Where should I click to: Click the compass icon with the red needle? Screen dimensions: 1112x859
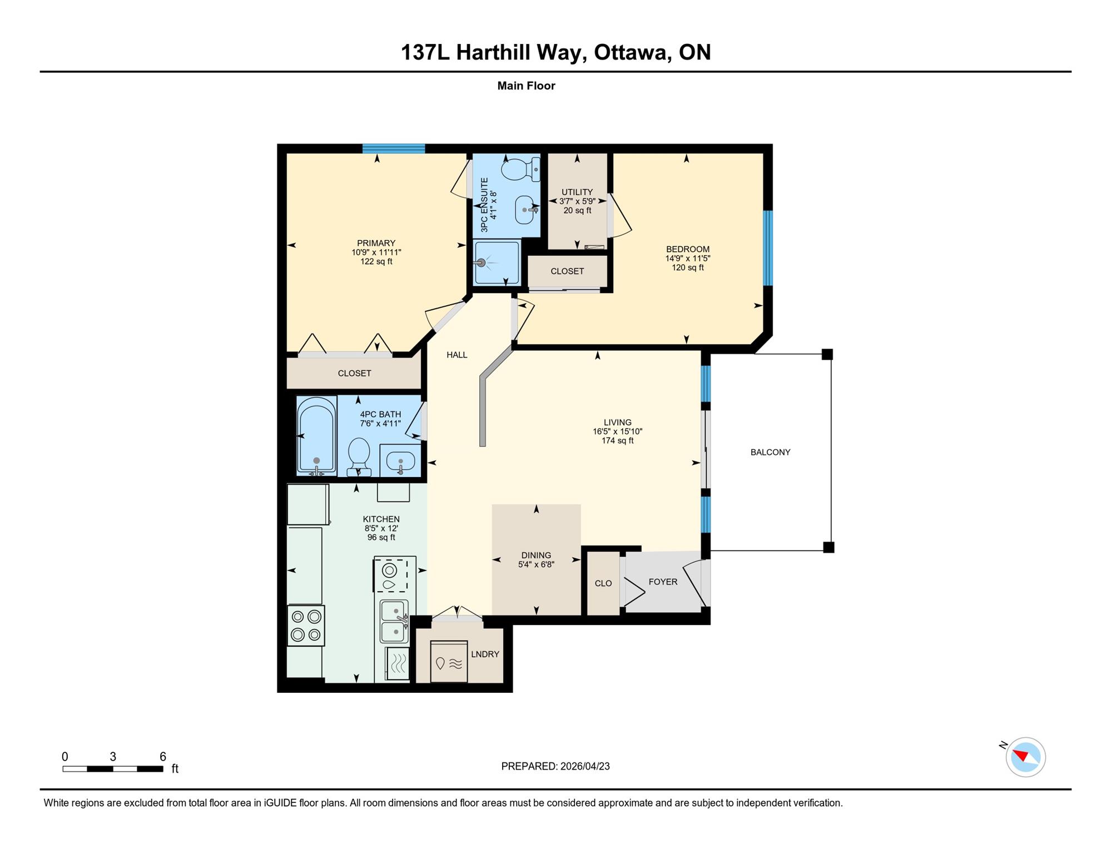coord(1025,757)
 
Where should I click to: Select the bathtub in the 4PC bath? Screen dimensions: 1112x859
coord(316,435)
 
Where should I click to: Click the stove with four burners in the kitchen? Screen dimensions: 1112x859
coord(306,625)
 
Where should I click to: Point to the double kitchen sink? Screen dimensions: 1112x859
coord(394,622)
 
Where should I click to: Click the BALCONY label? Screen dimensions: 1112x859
coord(770,452)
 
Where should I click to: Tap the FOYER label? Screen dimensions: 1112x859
coord(663,582)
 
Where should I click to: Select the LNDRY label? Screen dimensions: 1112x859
coord(485,654)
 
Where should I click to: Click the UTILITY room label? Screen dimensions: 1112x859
coord(577,192)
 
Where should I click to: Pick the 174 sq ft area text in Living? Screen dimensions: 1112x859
coord(617,440)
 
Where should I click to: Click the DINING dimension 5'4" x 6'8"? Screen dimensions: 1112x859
coord(536,564)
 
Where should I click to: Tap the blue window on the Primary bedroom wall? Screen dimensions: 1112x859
coord(394,148)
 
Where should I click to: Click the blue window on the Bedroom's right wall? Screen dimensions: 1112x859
coord(768,248)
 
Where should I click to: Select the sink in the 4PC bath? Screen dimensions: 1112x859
coord(400,461)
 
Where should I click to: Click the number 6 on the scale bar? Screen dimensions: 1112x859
coord(163,756)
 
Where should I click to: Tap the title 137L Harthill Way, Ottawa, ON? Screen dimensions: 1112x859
coord(555,52)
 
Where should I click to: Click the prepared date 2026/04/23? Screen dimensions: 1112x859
coord(585,766)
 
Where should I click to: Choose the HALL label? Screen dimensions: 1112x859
coord(457,355)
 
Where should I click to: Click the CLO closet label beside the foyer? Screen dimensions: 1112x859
coord(603,583)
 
